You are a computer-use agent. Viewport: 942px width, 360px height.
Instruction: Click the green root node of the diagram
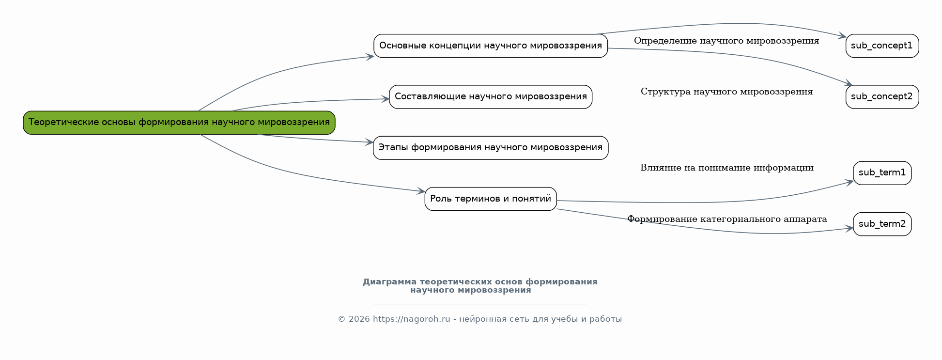pos(179,123)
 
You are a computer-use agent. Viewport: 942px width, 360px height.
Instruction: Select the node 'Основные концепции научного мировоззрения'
pos(491,46)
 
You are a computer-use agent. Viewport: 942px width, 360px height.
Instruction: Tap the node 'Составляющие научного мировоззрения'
pos(491,97)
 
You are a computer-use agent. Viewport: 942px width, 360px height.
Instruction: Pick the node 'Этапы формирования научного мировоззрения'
pos(491,148)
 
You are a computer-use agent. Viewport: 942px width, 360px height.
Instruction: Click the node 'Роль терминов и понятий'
pos(491,199)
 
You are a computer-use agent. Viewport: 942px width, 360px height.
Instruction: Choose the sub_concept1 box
pos(882,46)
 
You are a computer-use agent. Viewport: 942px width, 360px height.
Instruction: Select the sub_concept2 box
pos(882,97)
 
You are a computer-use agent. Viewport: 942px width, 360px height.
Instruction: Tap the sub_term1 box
pos(882,173)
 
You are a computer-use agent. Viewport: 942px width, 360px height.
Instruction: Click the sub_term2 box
pos(882,224)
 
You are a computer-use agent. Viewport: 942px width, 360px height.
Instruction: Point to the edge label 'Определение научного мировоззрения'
pos(726,41)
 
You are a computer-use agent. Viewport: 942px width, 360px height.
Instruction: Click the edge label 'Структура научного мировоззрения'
pos(726,92)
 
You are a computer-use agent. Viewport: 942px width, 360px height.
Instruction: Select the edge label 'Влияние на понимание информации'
pos(727,168)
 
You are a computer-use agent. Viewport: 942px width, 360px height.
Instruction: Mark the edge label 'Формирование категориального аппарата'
pos(727,219)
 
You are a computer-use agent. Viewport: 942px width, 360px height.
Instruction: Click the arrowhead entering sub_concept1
pos(842,36)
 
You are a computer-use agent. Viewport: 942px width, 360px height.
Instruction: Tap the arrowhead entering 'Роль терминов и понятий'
pos(421,191)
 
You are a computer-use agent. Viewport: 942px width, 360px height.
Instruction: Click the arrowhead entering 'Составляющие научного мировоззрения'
pos(385,99)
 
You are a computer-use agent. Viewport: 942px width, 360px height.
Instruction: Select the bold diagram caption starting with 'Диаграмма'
pos(480,286)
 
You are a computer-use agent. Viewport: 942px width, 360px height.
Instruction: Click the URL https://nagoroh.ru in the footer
pos(412,319)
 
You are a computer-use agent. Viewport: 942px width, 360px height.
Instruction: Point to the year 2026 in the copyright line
pos(359,319)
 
